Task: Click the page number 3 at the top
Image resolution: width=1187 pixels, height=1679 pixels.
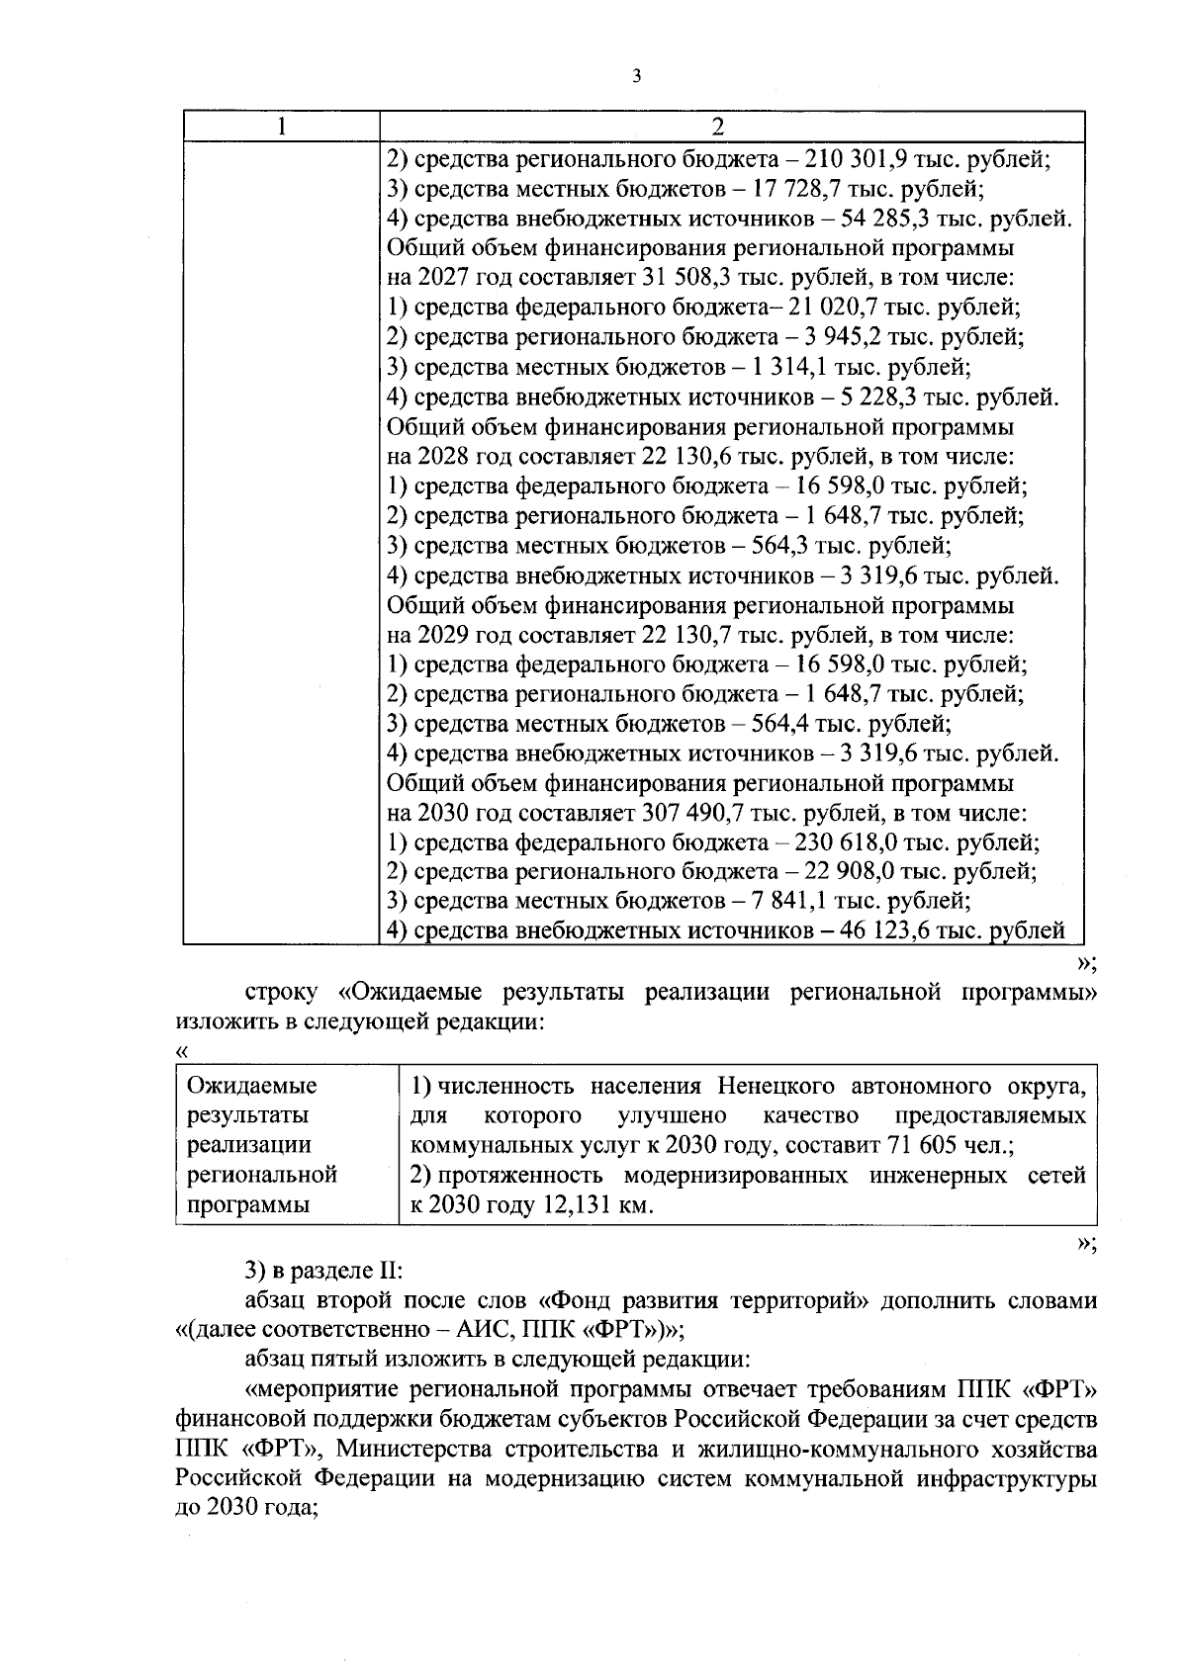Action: click(636, 75)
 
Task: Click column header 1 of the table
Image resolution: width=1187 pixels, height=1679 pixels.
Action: click(282, 127)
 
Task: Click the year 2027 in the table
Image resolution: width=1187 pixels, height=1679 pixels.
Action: click(441, 279)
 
